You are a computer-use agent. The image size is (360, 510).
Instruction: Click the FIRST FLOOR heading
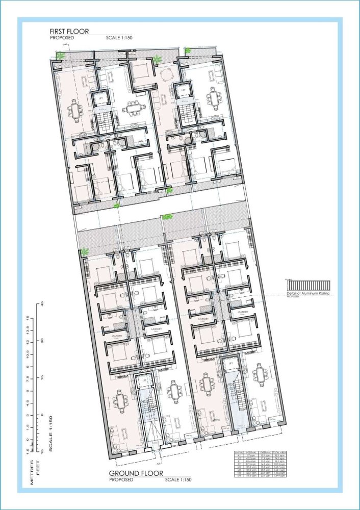tap(69, 31)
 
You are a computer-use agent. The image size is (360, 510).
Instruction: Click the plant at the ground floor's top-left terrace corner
tap(85, 251)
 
